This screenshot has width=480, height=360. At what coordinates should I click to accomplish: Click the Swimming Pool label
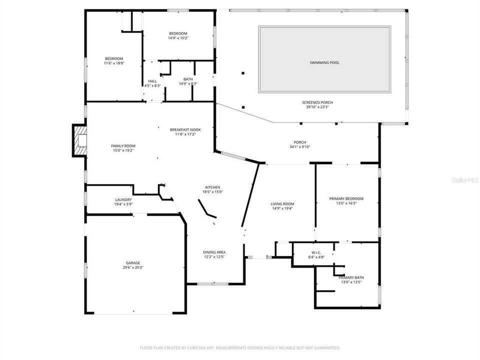pyautogui.click(x=324, y=62)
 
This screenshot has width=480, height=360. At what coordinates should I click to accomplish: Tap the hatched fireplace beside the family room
pyautogui.click(x=79, y=140)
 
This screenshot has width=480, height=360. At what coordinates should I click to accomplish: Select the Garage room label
pyautogui.click(x=132, y=263)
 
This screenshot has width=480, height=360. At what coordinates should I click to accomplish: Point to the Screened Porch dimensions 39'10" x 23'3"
pyautogui.click(x=319, y=107)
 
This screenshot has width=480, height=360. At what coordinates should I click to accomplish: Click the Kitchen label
pyautogui.click(x=212, y=187)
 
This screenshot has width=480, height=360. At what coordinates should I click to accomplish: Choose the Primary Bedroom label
pyautogui.click(x=346, y=198)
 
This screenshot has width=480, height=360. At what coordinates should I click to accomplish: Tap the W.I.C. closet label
pyautogui.click(x=318, y=252)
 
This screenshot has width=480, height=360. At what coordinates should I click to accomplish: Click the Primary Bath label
pyautogui.click(x=351, y=277)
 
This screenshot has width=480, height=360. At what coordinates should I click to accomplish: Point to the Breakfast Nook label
pyautogui.click(x=185, y=129)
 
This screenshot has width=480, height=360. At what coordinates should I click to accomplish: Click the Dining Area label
pyautogui.click(x=214, y=252)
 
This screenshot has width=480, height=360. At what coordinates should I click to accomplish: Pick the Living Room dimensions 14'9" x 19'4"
pyautogui.click(x=282, y=208)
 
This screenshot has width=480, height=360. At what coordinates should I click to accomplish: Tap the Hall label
pyautogui.click(x=152, y=81)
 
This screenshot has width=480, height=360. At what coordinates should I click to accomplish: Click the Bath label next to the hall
pyautogui.click(x=188, y=79)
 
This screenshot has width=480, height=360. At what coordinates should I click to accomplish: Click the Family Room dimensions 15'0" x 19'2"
pyautogui.click(x=123, y=150)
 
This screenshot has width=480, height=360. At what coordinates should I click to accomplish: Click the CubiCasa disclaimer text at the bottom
pyautogui.click(x=240, y=347)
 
